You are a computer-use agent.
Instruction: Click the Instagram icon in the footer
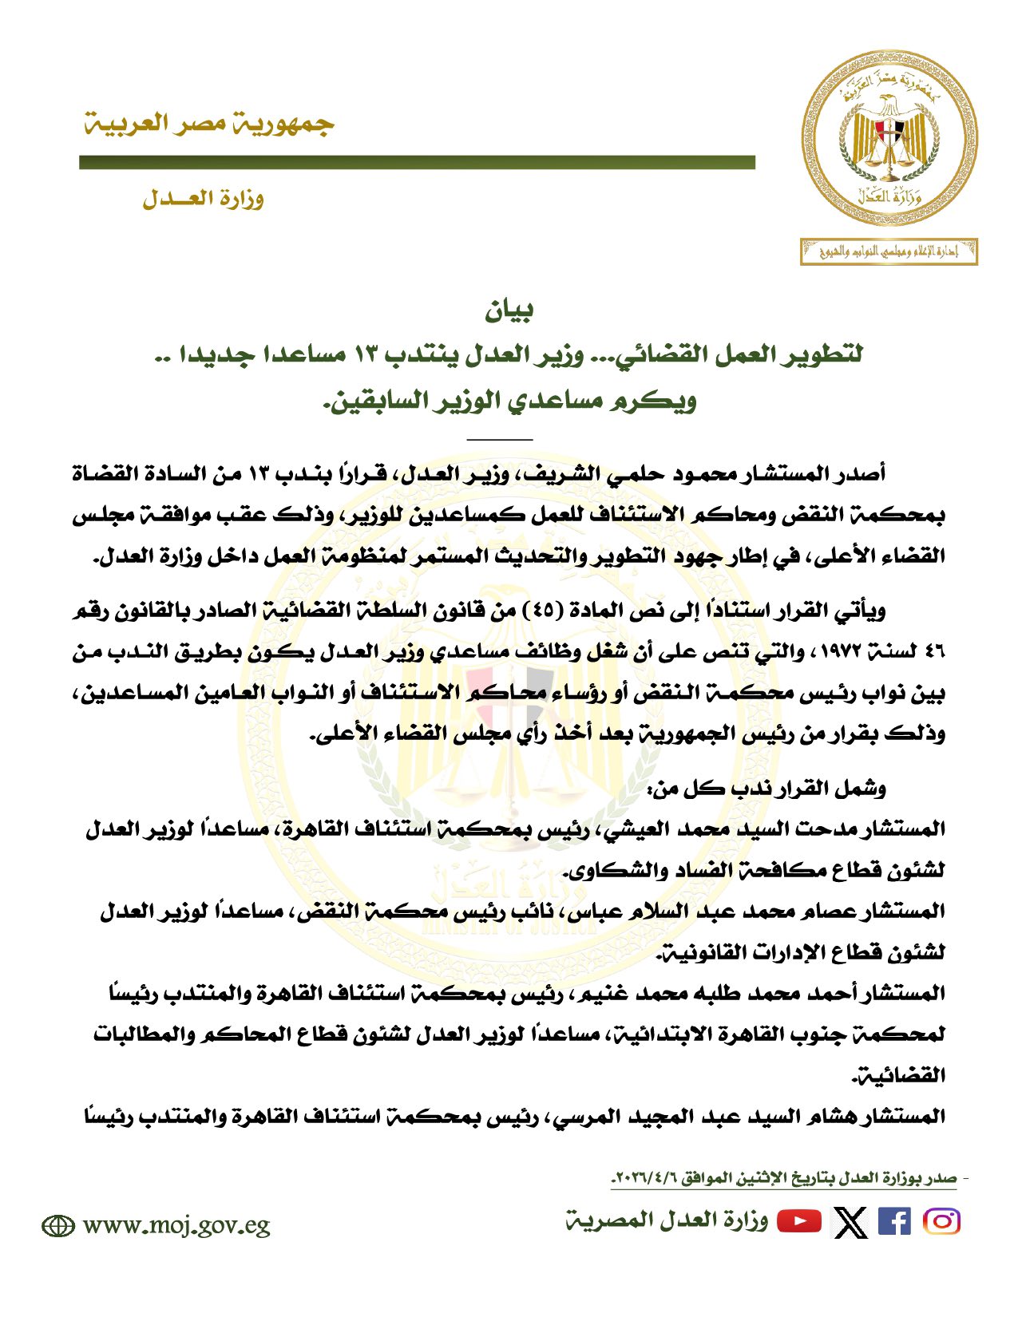pos(941,1222)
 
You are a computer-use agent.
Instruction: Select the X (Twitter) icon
pos(850,1222)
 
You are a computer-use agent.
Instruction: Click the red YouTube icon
pos(799,1221)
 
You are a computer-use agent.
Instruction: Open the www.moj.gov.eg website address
pos(176,1225)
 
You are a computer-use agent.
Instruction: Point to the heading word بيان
pos(509,311)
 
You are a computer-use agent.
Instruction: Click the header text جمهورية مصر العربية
pos(209,124)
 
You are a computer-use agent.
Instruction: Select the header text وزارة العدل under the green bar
pos(204,199)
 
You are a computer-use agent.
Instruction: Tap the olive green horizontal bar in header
pos(417,163)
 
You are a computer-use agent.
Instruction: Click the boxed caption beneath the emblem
pos(889,252)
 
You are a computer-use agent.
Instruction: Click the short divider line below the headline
pos(499,439)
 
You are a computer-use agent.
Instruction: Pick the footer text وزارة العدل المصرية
pos(667,1221)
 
